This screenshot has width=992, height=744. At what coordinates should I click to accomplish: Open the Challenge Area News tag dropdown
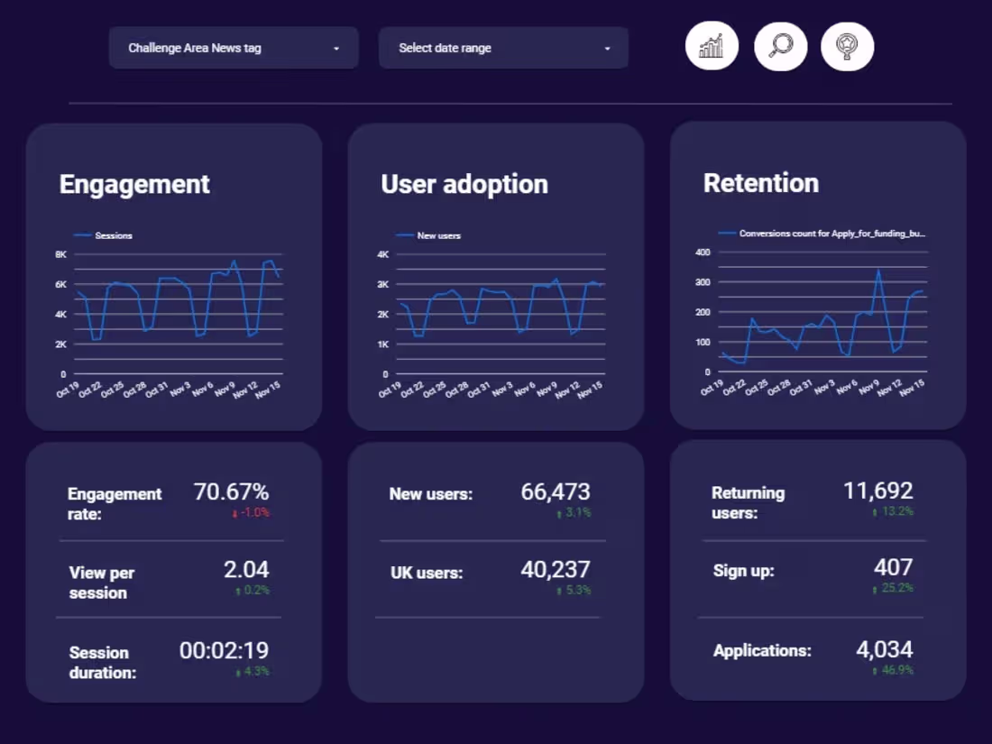(x=234, y=48)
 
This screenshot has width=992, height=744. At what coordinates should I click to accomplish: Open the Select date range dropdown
(x=503, y=48)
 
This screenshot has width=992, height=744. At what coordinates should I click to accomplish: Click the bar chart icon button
(x=712, y=45)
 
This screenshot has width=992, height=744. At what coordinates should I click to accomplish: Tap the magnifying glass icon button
(x=780, y=45)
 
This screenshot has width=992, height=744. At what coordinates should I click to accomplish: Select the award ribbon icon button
(x=847, y=45)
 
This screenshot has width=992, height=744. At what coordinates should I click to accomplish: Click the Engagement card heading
(x=134, y=184)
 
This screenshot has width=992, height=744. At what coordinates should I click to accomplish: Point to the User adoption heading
(x=464, y=184)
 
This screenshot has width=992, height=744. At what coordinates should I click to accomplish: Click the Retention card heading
(x=761, y=183)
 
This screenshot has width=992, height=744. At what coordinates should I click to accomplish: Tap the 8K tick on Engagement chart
(x=60, y=254)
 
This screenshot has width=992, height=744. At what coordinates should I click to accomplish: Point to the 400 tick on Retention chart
(x=703, y=252)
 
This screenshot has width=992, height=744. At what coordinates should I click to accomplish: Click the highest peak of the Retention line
(x=878, y=270)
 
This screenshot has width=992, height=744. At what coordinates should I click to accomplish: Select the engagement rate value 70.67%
(x=231, y=491)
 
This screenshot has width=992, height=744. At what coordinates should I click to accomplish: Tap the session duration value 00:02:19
(x=224, y=650)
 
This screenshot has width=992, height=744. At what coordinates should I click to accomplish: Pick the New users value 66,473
(x=556, y=491)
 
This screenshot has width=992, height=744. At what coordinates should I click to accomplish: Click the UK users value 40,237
(x=556, y=569)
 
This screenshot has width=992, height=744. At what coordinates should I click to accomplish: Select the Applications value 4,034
(x=884, y=649)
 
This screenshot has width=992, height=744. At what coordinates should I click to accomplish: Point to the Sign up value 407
(x=893, y=567)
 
